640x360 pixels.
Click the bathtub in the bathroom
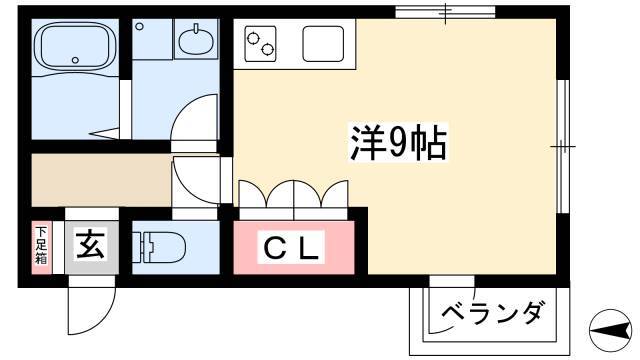coord(75,46)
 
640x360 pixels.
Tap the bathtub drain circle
coord(75,60)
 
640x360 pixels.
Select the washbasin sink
coord(196,40)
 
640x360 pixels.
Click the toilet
coord(159,247)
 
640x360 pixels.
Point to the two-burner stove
coord(260,44)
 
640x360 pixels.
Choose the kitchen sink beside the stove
coord(323,44)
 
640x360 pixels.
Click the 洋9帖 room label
coord(398,142)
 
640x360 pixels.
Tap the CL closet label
coord(291,247)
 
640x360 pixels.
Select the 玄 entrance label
coord(91,243)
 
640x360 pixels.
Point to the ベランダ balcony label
coord(493,313)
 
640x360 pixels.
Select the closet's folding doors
coord(293,194)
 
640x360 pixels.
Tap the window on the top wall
coord(445,12)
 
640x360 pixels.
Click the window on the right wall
coord(563,146)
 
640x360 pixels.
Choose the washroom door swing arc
coord(194,118)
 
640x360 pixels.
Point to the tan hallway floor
coord(101,180)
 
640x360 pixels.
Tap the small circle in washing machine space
coord(140,27)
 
